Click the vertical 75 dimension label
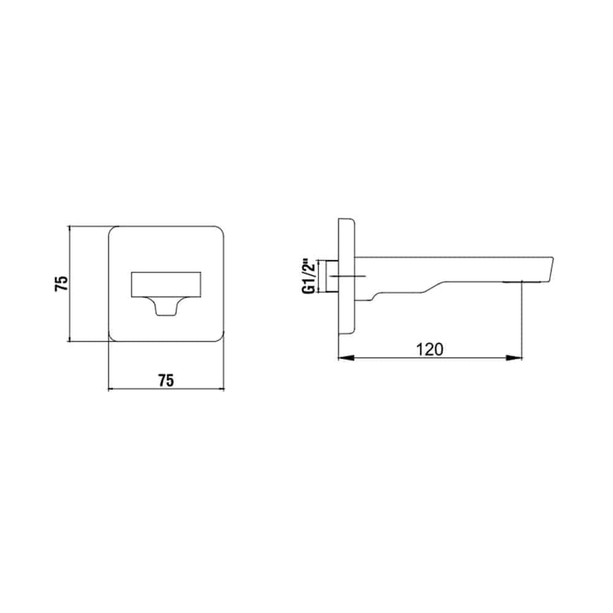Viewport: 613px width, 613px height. (x=62, y=283)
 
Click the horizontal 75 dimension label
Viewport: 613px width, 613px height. (x=166, y=381)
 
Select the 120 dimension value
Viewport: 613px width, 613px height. (x=430, y=349)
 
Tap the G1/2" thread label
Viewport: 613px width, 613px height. (x=308, y=276)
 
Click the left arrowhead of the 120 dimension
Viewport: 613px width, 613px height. (x=346, y=358)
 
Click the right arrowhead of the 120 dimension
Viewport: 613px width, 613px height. (x=514, y=358)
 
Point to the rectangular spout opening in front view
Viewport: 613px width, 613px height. (x=166, y=284)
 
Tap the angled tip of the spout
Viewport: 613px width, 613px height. (x=547, y=269)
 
